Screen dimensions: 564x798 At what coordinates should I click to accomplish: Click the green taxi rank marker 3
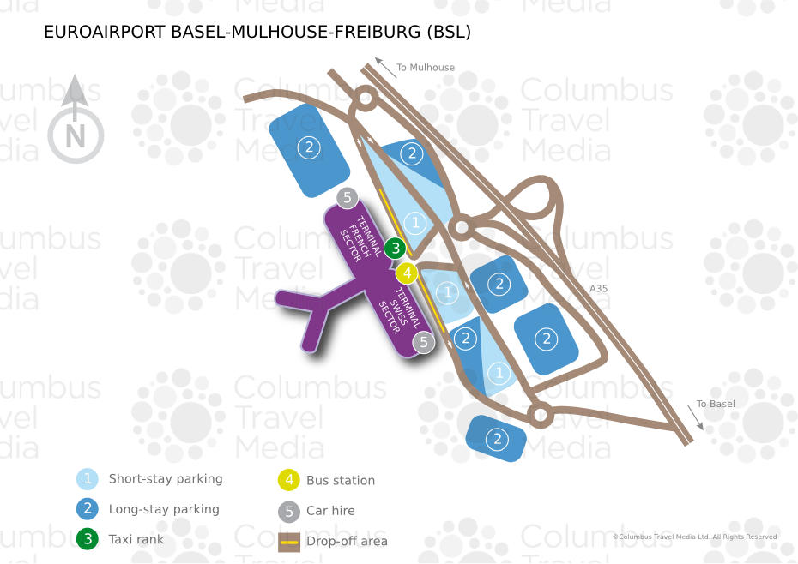[x=395, y=249]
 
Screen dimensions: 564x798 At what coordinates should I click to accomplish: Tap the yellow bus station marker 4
[x=407, y=274]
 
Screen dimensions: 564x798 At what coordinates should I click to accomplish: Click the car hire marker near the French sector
[x=347, y=198]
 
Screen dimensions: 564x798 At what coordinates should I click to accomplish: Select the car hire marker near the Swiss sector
[x=423, y=343]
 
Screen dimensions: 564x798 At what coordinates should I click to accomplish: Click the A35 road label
[x=598, y=289]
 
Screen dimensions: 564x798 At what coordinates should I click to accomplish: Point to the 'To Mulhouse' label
[x=426, y=68]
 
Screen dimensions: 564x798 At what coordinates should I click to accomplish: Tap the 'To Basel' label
[x=716, y=404]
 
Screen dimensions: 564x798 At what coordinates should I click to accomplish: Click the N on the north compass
[x=76, y=136]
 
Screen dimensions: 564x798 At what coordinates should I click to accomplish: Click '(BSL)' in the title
[x=448, y=33]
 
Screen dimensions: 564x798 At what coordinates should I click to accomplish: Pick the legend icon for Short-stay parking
[x=87, y=479]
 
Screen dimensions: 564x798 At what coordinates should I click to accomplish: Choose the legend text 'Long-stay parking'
[x=164, y=509]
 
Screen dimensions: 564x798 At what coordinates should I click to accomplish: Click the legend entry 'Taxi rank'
[x=136, y=539]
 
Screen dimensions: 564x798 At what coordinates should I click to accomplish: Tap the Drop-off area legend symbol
[x=289, y=541]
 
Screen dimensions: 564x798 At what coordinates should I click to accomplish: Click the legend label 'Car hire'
[x=330, y=510]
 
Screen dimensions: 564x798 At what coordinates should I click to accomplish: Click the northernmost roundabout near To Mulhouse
[x=366, y=99]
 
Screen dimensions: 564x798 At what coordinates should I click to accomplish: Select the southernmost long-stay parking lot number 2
[x=497, y=440]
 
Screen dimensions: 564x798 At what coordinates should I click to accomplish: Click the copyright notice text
[x=694, y=537]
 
